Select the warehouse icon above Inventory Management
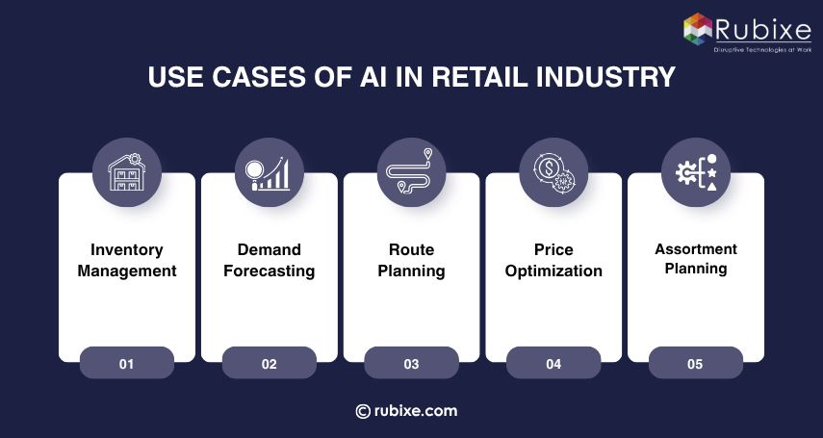(126, 171)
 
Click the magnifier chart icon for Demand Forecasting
(269, 171)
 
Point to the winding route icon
(411, 171)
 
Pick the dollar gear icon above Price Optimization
(553, 171)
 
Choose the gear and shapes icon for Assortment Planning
(696, 171)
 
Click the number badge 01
(126, 364)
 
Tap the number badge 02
(269, 364)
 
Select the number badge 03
(411, 364)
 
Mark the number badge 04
(553, 364)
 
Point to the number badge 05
(696, 364)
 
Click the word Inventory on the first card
(126, 249)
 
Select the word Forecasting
(269, 271)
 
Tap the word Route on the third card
(411, 249)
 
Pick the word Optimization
(553, 271)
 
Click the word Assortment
(696, 249)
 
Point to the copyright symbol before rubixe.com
(363, 411)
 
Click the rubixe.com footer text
(417, 411)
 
